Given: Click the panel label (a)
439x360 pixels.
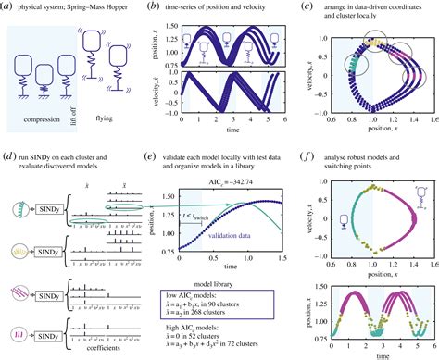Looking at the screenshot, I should click(8, 8).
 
